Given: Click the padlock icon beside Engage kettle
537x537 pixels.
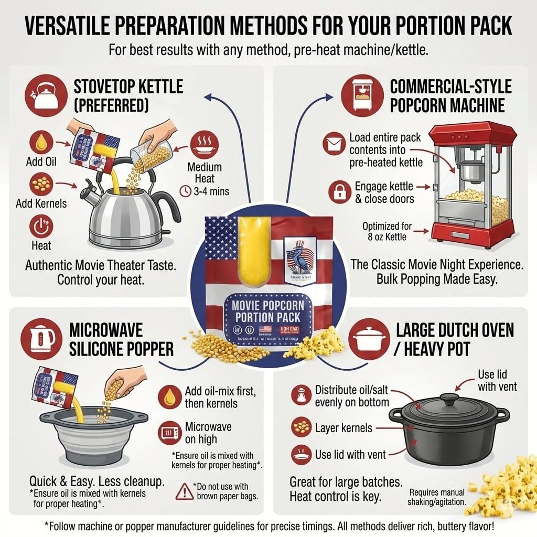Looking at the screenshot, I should point(339,192).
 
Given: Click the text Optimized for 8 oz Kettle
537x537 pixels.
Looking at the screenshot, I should point(387,231).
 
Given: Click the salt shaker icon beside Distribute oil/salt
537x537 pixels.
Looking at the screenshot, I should point(300,396).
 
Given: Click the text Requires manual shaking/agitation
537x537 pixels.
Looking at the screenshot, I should point(437,497).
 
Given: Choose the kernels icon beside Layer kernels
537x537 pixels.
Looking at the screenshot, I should point(300,427).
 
